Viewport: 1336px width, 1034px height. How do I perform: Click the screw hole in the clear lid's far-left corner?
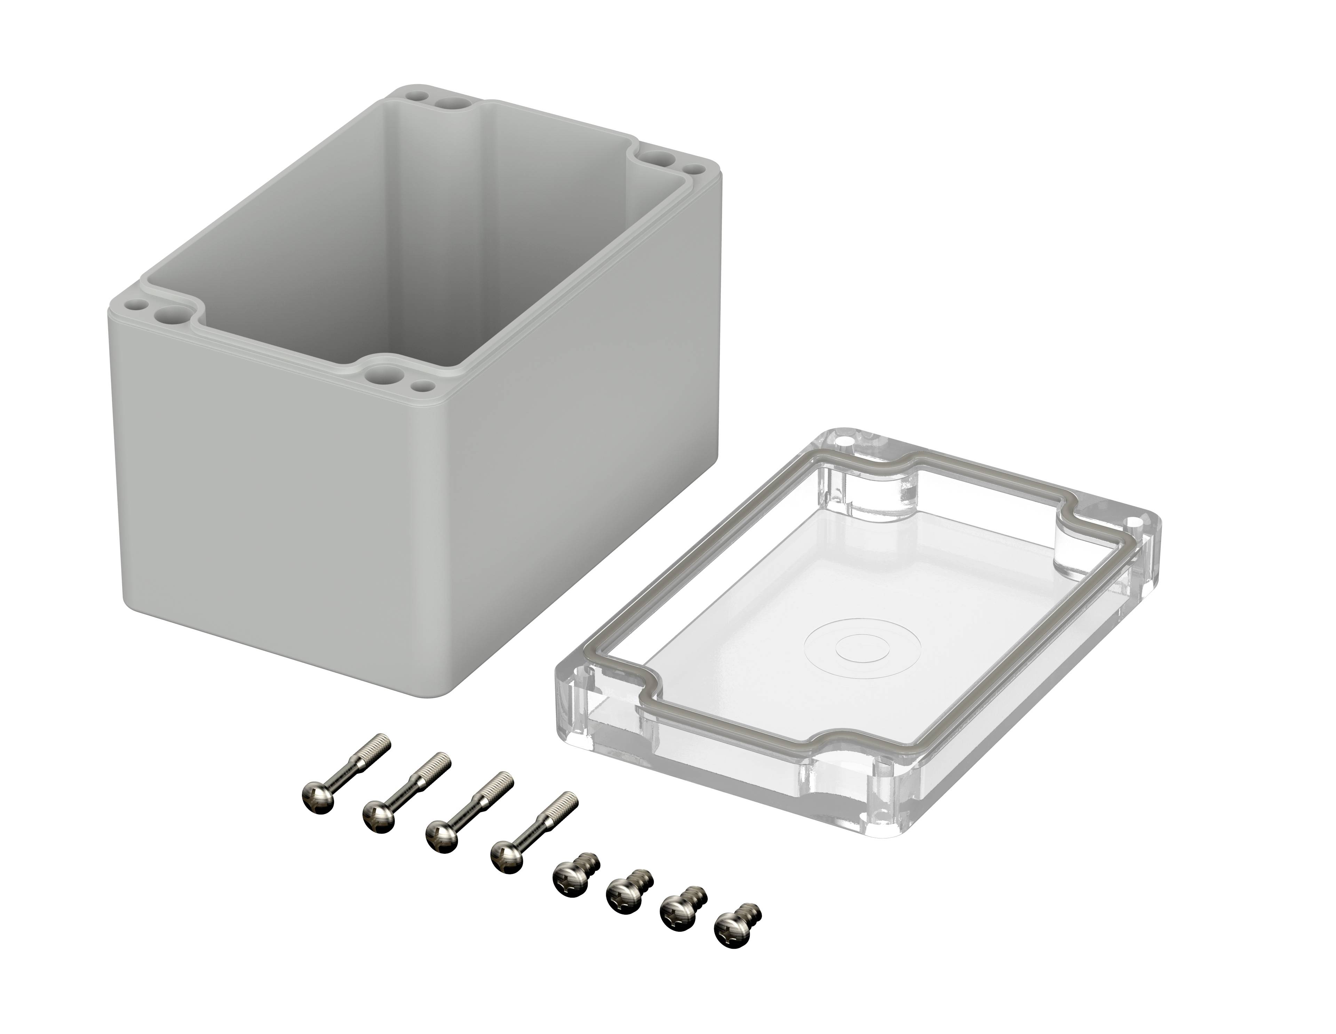pos(847,441)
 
